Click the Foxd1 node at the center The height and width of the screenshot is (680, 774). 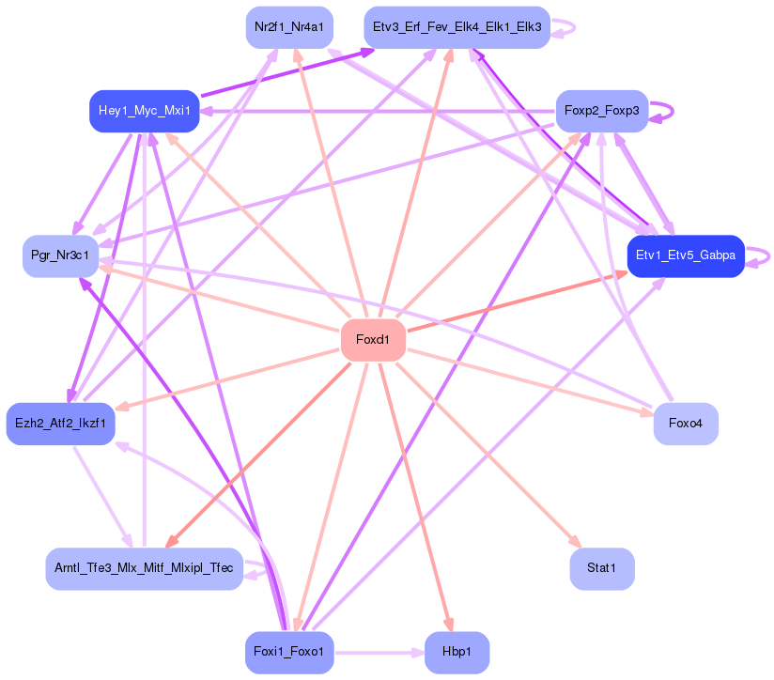coord(373,339)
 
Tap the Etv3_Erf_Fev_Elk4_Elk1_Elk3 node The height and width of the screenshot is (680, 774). coord(457,27)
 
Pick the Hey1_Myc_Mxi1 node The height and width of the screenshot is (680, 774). coord(145,111)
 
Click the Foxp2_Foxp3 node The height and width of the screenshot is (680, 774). coord(601,111)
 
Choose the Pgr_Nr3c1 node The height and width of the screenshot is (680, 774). coord(60,255)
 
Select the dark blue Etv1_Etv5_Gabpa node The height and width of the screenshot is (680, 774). coord(689,255)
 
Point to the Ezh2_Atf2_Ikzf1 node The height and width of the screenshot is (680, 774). coord(60,424)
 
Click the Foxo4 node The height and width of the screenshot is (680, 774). coord(686,424)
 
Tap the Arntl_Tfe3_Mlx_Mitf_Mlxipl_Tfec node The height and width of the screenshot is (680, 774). coord(144,568)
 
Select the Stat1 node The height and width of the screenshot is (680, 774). coord(601,568)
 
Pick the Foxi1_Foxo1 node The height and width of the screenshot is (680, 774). coord(288,652)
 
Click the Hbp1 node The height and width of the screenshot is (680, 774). coord(457,652)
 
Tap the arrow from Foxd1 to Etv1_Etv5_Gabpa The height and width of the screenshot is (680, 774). coord(517,302)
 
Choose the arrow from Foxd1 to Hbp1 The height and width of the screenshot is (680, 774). coord(413,488)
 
